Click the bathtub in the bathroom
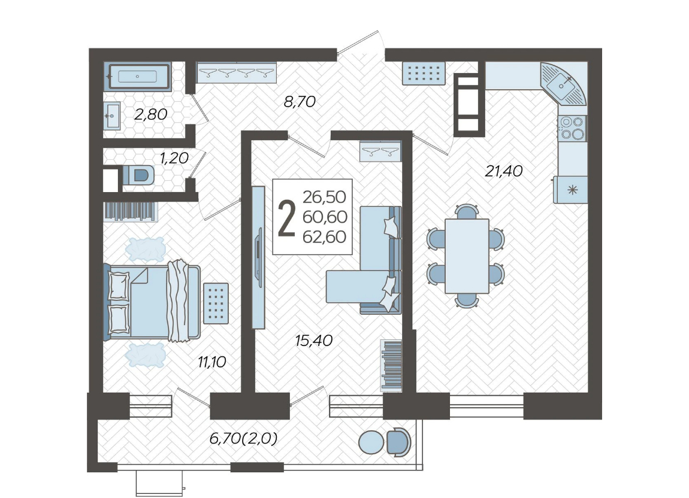click(x=138, y=77)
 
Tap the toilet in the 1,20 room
click(x=138, y=175)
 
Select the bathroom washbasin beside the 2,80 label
click(x=112, y=116)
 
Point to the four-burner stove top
click(x=572, y=128)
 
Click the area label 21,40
click(x=503, y=171)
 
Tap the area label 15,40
click(x=314, y=341)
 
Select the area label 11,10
click(x=212, y=362)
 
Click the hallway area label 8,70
click(x=300, y=102)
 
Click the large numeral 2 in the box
click(x=286, y=217)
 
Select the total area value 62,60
click(x=325, y=237)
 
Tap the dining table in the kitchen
click(x=467, y=256)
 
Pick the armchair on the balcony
click(x=398, y=442)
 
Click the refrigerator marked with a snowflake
click(x=570, y=190)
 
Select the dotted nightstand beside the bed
click(x=216, y=303)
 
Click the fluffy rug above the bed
click(x=145, y=249)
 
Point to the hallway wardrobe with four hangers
click(x=237, y=72)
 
